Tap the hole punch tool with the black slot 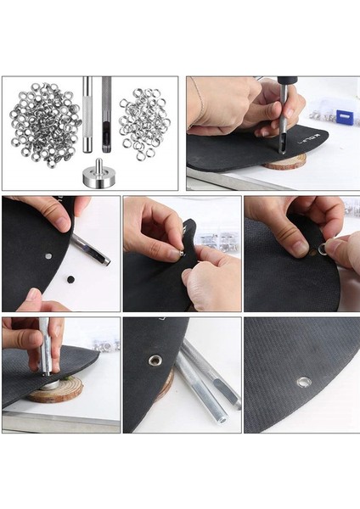(x=107, y=115)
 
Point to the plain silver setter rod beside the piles (x=87, y=115)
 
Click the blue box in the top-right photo (x=343, y=117)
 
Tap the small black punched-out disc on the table (x=70, y=278)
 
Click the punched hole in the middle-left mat (x=49, y=254)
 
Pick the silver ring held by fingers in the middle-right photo (x=323, y=249)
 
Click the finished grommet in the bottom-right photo (x=303, y=382)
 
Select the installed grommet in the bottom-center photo (x=155, y=360)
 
